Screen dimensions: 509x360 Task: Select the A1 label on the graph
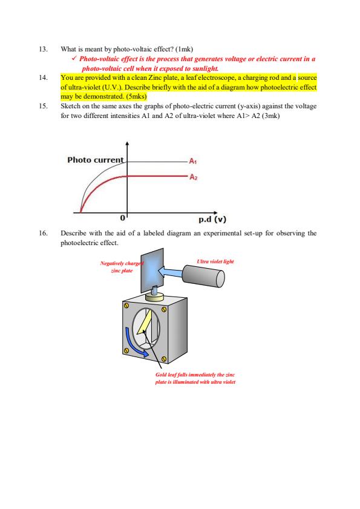click(x=192, y=162)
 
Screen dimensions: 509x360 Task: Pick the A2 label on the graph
click(x=192, y=177)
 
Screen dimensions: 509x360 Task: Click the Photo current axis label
click(x=95, y=160)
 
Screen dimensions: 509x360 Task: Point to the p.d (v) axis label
click(x=209, y=220)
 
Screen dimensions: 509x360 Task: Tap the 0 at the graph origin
click(x=122, y=216)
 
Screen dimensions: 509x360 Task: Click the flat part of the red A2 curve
click(x=157, y=177)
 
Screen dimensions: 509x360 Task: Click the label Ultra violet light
click(x=215, y=261)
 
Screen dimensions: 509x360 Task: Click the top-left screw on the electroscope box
click(x=127, y=307)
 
